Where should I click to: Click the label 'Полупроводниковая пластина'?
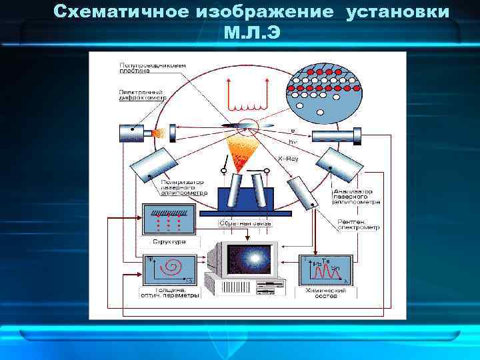click(x=143, y=69)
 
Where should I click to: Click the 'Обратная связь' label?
click(x=247, y=223)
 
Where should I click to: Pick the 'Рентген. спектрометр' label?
click(x=357, y=225)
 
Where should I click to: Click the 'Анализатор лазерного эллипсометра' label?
click(x=357, y=195)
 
